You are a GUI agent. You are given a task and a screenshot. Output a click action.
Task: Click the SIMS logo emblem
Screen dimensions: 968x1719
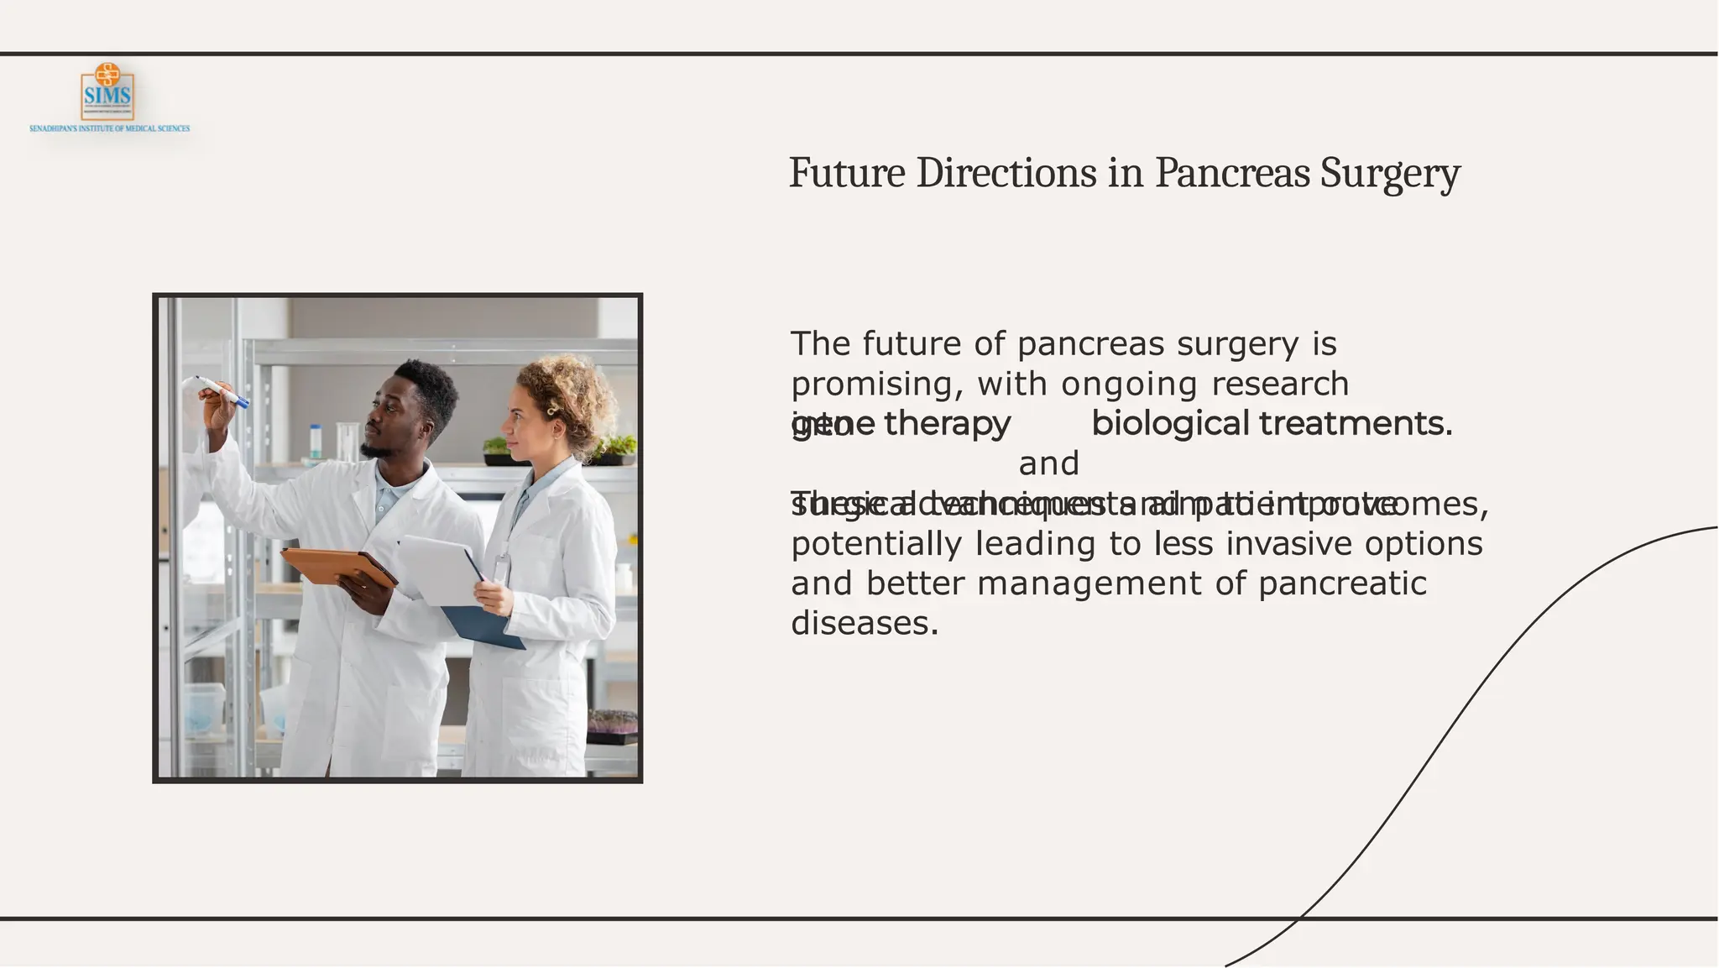[107, 92]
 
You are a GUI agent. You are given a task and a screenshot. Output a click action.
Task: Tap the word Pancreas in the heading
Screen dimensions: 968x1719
[1232, 174]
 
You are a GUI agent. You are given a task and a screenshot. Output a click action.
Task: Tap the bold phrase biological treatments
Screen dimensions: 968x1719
[1271, 424]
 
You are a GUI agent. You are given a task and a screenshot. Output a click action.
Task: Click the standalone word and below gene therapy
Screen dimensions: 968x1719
[1048, 463]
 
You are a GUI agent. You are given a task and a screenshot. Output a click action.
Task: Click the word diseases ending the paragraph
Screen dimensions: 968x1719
[865, 623]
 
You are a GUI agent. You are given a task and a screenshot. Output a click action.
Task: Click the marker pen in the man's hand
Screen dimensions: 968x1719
[222, 391]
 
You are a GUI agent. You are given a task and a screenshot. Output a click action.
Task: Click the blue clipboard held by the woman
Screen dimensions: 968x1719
[484, 630]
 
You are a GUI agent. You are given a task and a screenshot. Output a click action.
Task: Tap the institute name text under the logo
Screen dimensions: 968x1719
[110, 128]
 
